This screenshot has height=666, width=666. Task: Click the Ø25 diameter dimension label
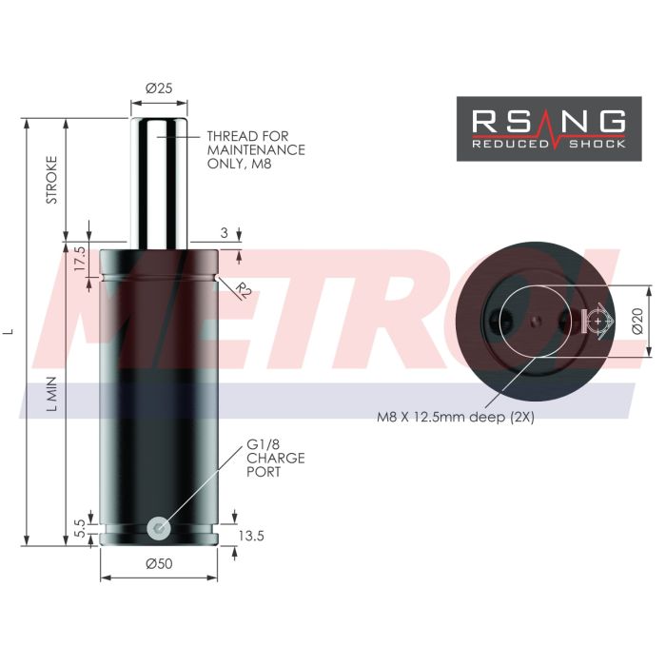point(159,88)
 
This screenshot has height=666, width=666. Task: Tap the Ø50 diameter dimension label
point(159,563)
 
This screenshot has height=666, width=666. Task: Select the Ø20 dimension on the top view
point(638,322)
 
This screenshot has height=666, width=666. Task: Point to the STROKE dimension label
point(52,179)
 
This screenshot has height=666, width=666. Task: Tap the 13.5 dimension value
point(251,537)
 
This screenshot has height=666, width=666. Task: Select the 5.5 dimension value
point(81,524)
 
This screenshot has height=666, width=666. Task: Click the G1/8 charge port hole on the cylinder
point(159,525)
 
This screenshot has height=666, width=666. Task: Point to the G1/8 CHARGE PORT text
point(275,458)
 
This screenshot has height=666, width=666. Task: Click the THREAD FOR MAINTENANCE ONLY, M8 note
point(255,149)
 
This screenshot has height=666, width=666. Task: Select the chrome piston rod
point(159,181)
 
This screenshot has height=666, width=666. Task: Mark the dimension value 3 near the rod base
point(225,231)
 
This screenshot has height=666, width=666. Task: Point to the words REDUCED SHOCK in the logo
point(549,144)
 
